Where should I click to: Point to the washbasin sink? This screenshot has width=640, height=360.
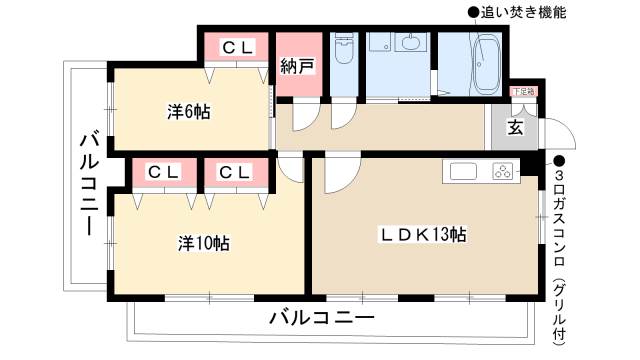[409, 44]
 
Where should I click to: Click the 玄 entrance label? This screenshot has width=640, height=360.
[515, 127]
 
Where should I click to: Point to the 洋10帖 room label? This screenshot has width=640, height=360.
[204, 242]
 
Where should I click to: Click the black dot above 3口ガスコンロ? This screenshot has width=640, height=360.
[560, 160]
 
